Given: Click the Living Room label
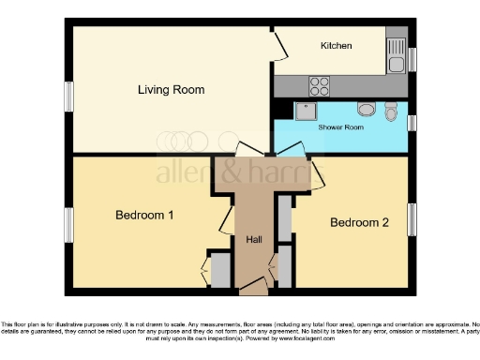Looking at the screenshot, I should (171, 90).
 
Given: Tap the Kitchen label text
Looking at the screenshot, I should (336, 46).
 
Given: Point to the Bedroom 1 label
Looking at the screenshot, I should (144, 216).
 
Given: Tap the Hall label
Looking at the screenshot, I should (253, 240).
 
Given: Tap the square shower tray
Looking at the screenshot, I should (305, 112).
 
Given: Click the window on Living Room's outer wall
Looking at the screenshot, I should (67, 97).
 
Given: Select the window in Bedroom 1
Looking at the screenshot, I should (67, 225).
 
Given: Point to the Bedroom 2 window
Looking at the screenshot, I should (410, 221).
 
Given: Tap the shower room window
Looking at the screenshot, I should (411, 120).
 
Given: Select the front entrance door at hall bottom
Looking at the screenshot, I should (253, 292).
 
